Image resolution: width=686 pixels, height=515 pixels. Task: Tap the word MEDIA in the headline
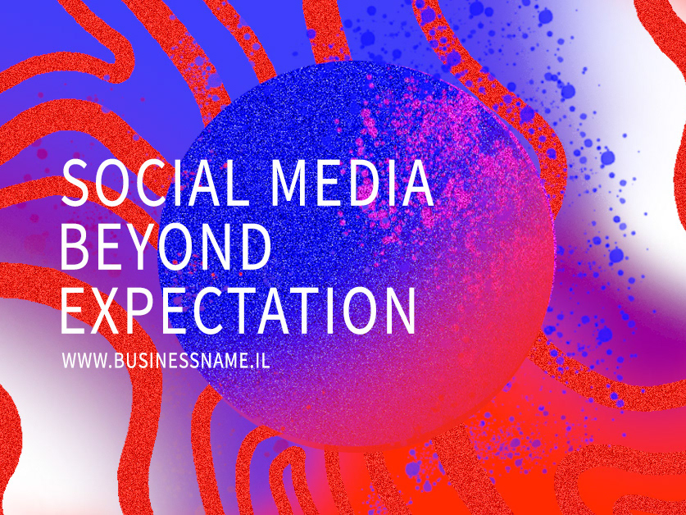352,183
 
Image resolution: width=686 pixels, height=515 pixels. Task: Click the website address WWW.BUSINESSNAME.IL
166,360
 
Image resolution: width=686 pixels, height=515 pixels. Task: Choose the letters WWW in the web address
84,360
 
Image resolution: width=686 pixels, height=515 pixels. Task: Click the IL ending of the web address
263,360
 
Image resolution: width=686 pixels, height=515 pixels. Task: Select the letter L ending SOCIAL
236,183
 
